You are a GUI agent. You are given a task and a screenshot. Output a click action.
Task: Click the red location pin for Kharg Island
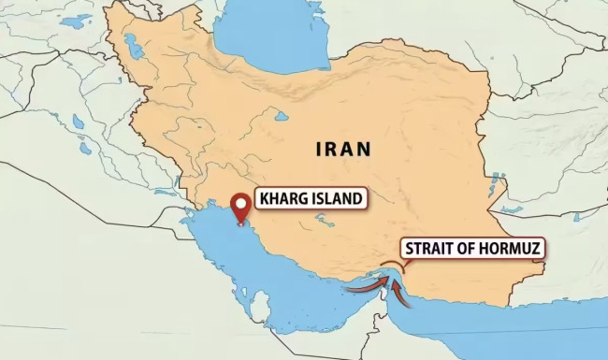point(243,206)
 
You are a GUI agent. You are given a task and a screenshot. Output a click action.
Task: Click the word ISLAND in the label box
point(335,199)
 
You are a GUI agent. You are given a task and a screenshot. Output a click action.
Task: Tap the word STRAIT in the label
point(429,250)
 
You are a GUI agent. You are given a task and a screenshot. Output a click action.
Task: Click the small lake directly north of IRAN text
point(281,117)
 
